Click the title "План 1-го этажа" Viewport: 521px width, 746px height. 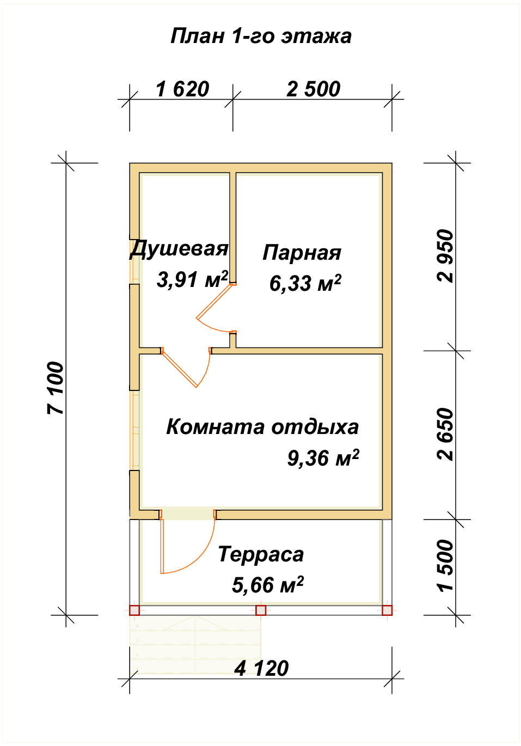click(261, 36)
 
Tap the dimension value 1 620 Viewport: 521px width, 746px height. click(182, 89)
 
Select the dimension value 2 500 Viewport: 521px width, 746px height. click(313, 89)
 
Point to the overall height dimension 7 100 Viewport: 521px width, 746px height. click(56, 388)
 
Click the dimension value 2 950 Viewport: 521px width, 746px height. click(445, 256)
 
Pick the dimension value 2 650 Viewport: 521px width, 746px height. click(445, 434)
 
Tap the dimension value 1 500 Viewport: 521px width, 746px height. click(445, 565)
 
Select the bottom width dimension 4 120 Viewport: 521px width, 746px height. click(261, 668)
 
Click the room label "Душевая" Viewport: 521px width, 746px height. click(179, 248)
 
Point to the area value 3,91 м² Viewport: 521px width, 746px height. click(192, 279)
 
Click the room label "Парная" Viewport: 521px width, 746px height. click(302, 253)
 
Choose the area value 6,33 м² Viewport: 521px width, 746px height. click(305, 283)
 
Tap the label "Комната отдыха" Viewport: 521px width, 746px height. click(262, 426)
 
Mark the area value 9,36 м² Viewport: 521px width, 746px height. click(323, 458)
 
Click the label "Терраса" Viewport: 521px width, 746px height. click(261, 554)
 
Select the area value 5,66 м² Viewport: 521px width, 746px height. click(268, 585)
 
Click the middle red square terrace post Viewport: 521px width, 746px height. click(261, 610)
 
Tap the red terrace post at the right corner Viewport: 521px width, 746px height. click(387, 610)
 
